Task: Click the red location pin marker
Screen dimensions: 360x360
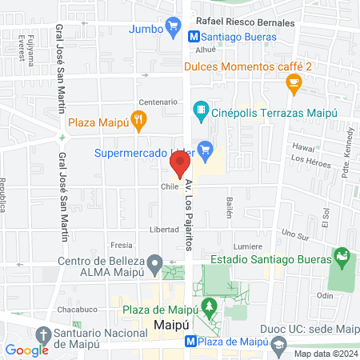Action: [179, 164]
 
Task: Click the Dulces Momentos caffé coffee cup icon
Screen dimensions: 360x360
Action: [294, 81]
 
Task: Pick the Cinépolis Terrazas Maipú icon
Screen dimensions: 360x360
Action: [202, 108]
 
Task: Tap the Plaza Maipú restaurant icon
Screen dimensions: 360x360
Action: [139, 122]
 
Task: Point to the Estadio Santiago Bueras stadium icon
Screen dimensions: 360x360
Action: [342, 258]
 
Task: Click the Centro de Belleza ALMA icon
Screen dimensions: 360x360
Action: [156, 263]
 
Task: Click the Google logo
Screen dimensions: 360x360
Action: [26, 350]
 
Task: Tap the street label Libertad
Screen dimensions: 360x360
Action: [164, 229]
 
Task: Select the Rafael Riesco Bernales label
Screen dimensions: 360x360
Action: [235, 22]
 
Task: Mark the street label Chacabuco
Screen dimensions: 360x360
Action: [77, 309]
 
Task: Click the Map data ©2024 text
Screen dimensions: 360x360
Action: [324, 354]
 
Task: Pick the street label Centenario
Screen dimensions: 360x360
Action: [158, 102]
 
